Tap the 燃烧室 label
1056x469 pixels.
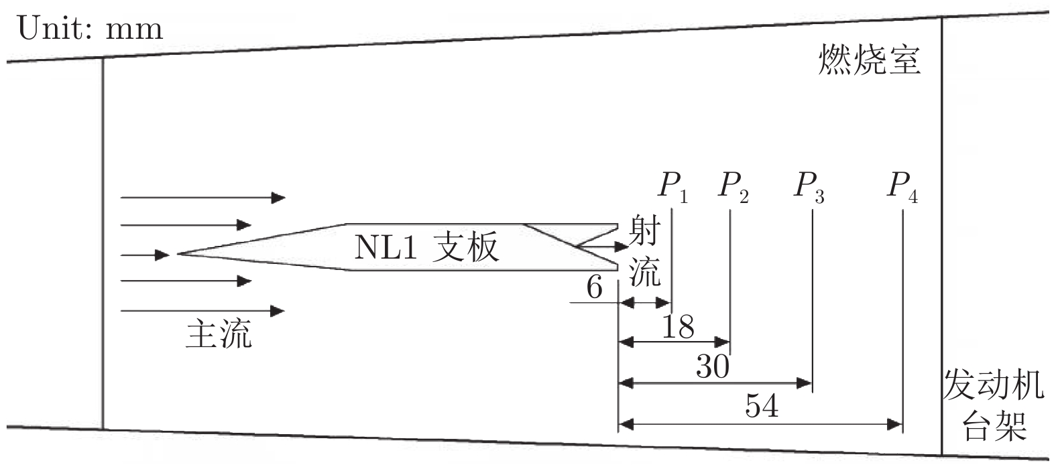[x=869, y=60]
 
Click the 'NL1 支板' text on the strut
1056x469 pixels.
[x=426, y=248]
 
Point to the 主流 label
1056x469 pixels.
[x=219, y=334]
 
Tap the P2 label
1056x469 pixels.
[x=732, y=186]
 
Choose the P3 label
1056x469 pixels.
[x=809, y=186]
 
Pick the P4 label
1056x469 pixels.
[x=902, y=186]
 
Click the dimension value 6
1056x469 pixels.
[x=594, y=288]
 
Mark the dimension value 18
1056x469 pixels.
[x=678, y=328]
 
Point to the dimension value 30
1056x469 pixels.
[x=712, y=366]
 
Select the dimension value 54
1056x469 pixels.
[x=762, y=405]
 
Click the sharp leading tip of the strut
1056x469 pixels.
[x=178, y=254]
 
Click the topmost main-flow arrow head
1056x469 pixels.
[x=278, y=198]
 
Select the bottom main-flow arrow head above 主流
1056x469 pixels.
[x=278, y=311]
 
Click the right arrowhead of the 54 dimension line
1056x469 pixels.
[x=894, y=424]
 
